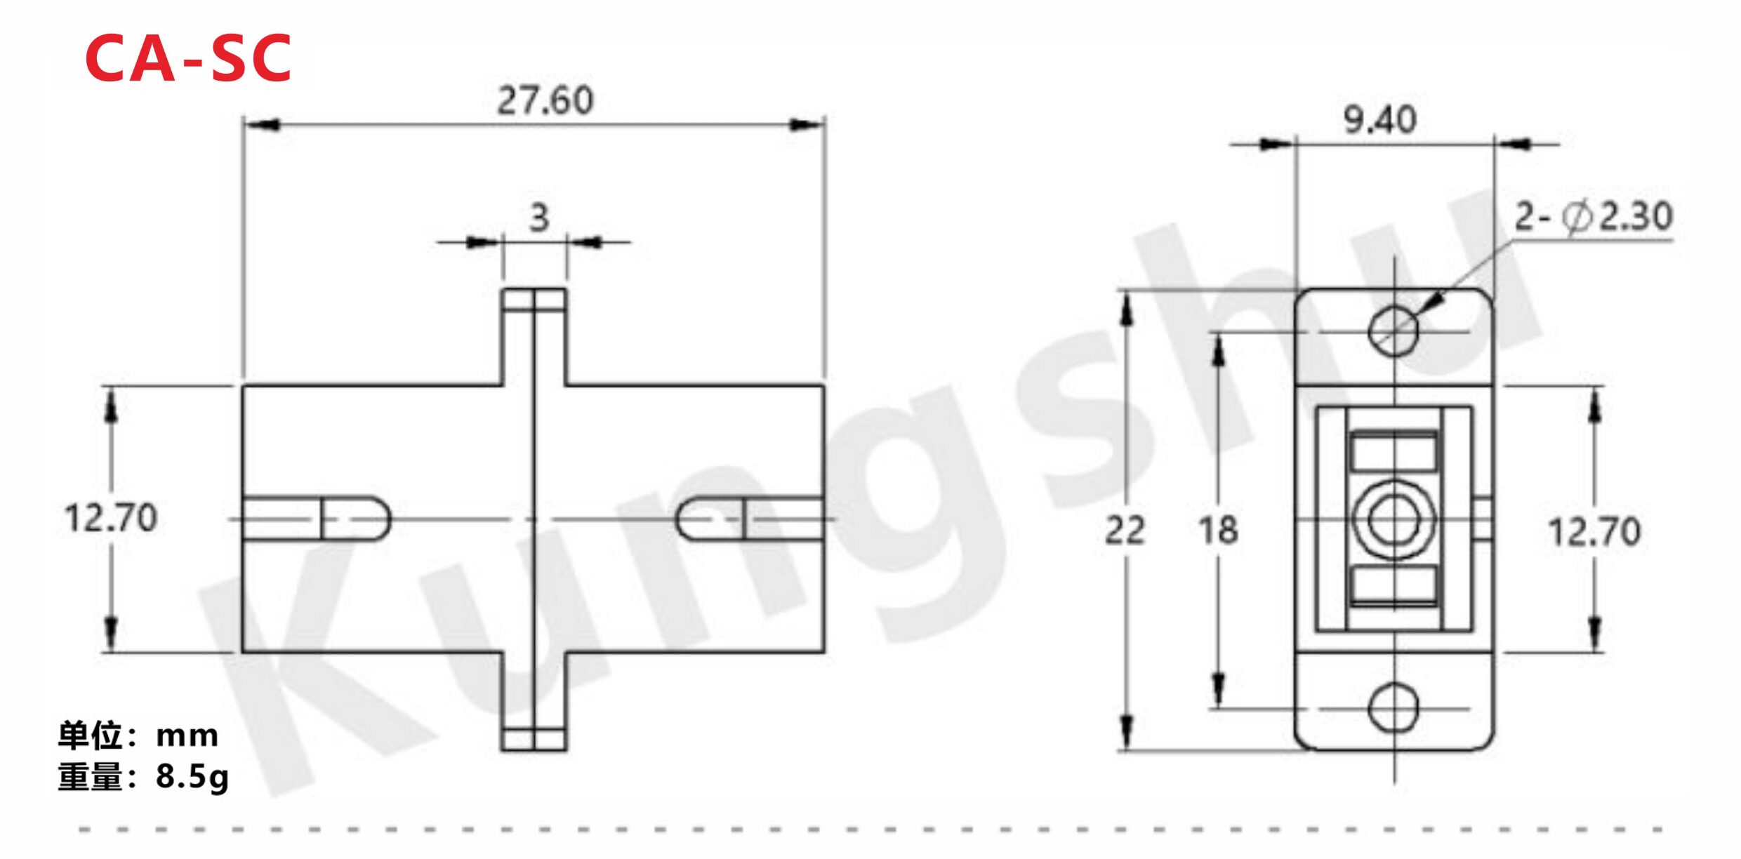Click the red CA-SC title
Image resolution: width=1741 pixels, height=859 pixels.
188,58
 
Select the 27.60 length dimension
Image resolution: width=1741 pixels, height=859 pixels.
545,100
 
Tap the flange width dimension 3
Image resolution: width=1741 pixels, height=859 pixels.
539,218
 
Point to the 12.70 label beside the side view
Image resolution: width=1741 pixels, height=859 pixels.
111,518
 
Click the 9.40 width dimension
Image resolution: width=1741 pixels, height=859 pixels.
1380,119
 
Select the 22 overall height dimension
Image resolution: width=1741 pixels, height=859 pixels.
1125,530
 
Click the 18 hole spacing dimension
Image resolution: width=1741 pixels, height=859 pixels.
1218,530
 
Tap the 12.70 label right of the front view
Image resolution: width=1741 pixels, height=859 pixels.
1594,531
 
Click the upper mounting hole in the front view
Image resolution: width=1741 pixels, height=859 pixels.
1394,331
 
